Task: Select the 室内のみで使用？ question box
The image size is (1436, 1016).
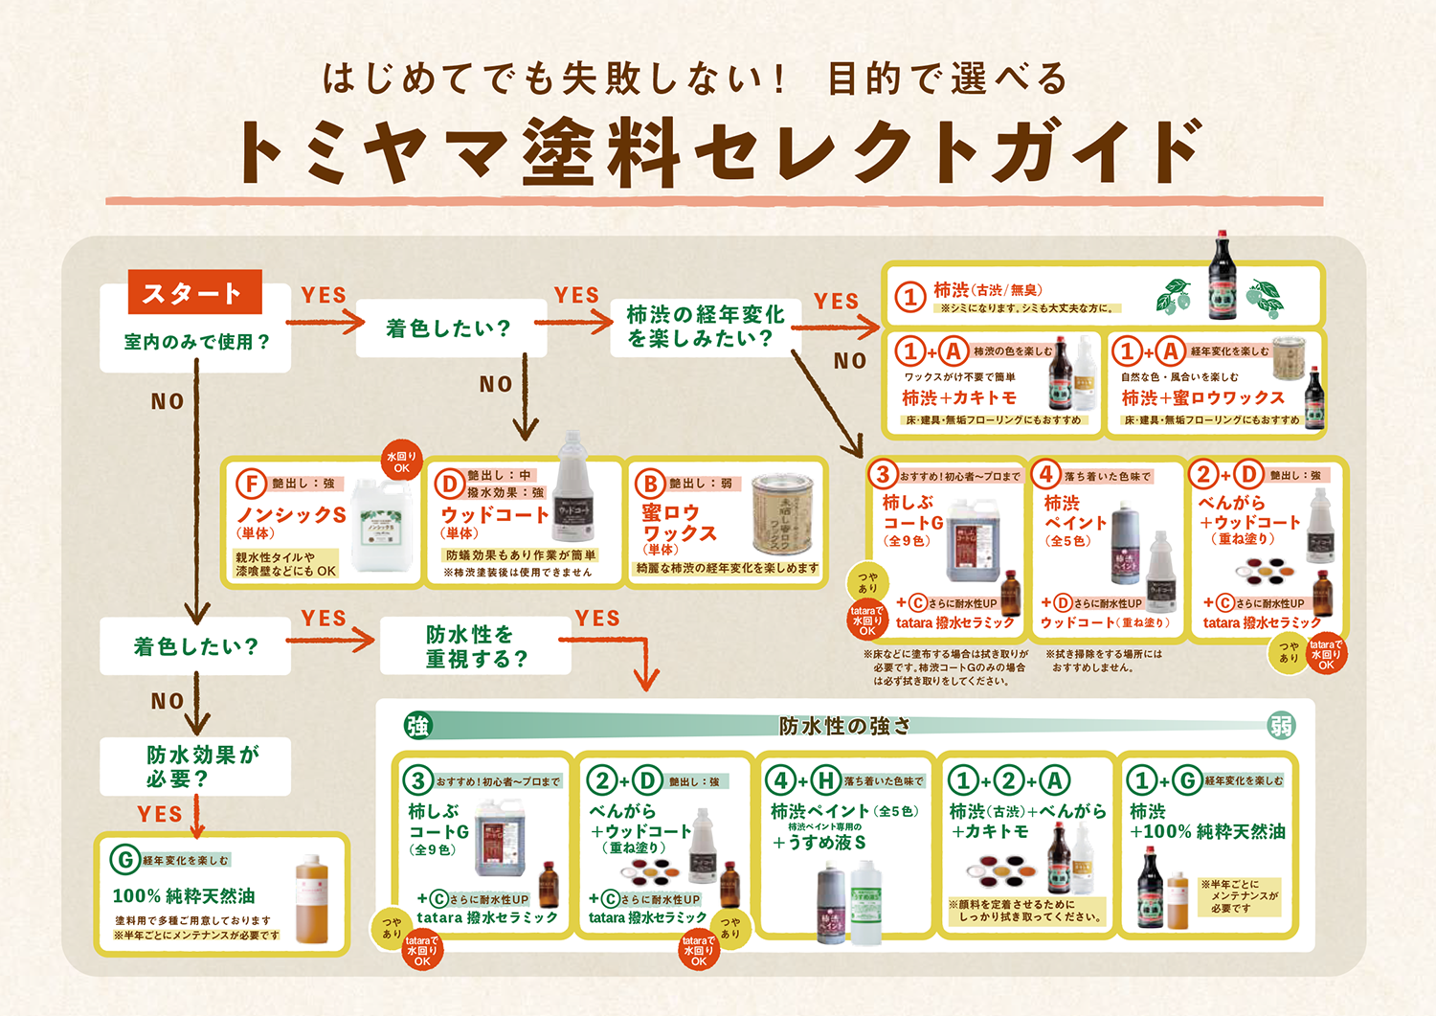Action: tap(195, 342)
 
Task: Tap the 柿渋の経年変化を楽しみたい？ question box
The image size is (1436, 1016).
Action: tap(705, 327)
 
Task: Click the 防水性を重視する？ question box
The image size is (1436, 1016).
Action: tap(476, 647)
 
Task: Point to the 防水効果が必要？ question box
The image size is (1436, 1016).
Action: tap(197, 766)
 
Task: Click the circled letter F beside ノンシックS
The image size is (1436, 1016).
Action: tap(251, 485)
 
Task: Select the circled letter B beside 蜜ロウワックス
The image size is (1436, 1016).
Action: tap(650, 485)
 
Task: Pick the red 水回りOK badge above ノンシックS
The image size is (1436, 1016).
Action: tap(401, 462)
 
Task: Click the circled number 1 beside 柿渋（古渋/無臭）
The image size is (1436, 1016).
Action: tap(909, 297)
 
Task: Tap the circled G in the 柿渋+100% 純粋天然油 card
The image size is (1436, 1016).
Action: tap(1187, 780)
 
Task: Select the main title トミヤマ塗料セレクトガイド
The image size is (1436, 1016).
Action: tap(718, 151)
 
